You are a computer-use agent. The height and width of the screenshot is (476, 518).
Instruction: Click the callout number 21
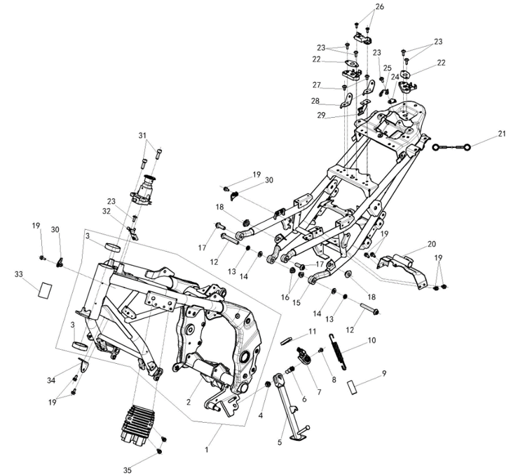pos(502,134)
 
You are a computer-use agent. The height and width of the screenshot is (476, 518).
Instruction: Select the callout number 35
pos(128,470)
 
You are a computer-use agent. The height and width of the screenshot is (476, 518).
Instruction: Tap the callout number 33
pos(19,274)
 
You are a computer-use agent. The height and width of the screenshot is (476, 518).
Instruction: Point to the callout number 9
pos(384,373)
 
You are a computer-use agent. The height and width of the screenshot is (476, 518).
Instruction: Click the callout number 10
pos(372,340)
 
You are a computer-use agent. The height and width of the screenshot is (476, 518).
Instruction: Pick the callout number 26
pos(380,6)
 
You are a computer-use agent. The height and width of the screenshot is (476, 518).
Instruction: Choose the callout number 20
pos(432,244)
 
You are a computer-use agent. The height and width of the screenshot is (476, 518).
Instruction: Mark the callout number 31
pos(142,135)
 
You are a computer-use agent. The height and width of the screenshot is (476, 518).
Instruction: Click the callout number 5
pos(280,442)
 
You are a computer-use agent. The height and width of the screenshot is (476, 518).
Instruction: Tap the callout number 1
pos(207,449)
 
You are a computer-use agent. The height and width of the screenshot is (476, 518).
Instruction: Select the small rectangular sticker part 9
pos(353,388)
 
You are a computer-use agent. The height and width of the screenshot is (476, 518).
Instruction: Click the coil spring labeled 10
pos(339,351)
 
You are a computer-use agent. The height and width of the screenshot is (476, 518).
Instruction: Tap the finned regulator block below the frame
pos(137,424)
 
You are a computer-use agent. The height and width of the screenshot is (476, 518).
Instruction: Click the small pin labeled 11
pos(286,341)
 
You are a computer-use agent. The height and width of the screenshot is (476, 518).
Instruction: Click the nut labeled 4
pos(268,384)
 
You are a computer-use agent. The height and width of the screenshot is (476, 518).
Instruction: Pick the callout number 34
pos(51,381)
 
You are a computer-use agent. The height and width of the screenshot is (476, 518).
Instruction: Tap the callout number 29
pos(321,115)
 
